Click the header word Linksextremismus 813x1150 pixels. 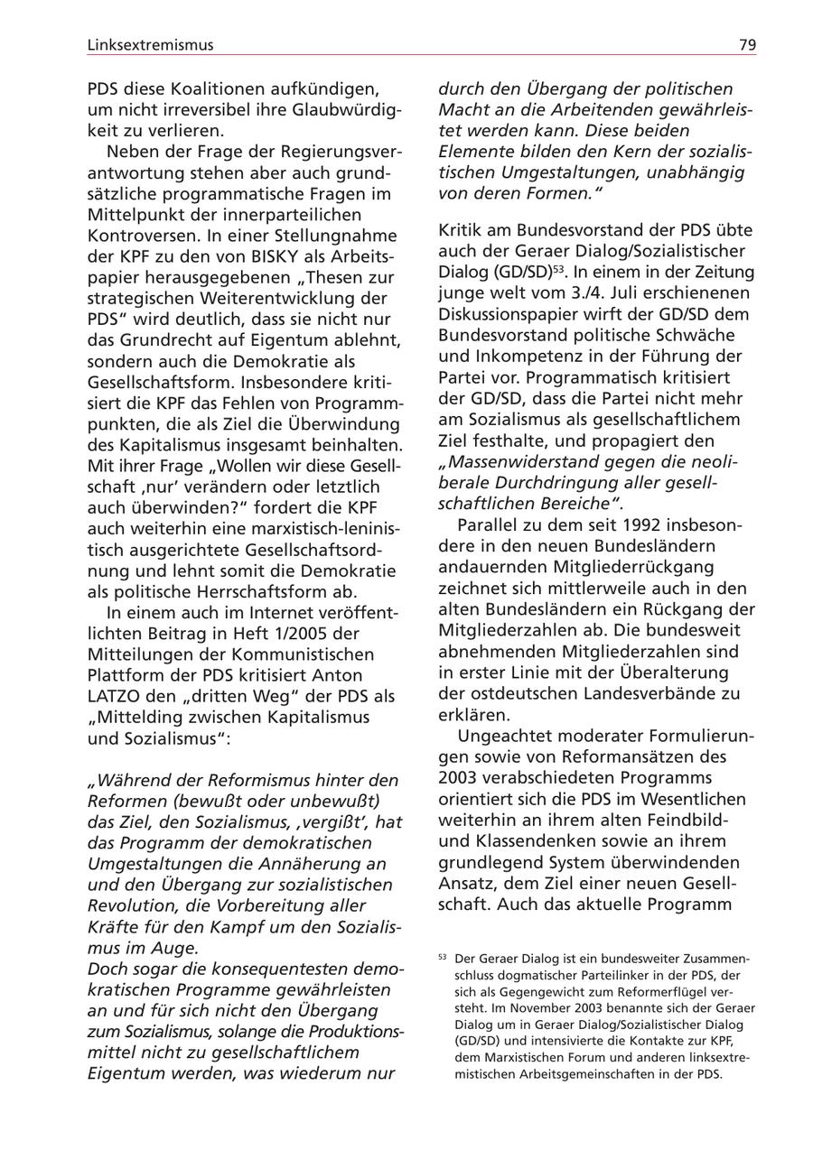click(x=150, y=44)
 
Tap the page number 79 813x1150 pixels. click(x=747, y=44)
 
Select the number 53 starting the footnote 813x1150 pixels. click(x=443, y=958)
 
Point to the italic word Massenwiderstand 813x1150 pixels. click(x=518, y=462)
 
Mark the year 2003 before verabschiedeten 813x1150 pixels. click(x=463, y=778)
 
